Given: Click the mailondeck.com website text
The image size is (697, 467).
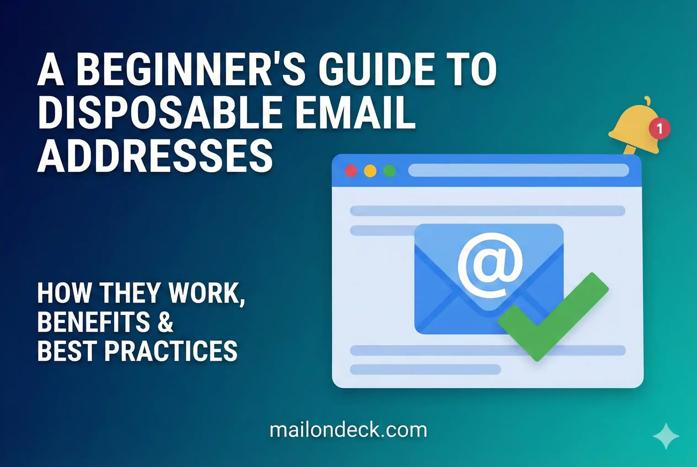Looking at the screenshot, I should click(348, 430).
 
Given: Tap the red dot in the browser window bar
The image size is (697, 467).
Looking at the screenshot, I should click(351, 171).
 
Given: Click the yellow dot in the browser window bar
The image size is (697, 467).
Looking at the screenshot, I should click(370, 171).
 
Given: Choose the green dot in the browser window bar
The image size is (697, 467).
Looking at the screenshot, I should click(389, 171).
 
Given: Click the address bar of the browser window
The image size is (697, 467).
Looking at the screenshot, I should click(518, 170).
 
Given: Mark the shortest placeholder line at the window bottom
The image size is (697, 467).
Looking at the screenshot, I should click(425, 369).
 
